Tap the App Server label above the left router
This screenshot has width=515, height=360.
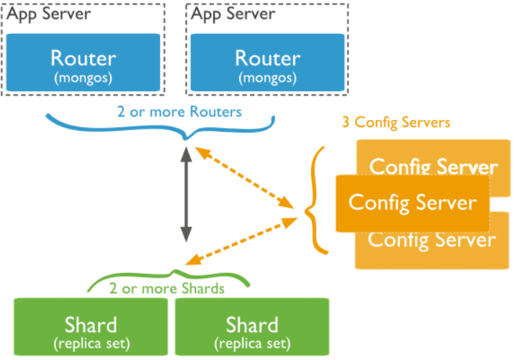[49, 13]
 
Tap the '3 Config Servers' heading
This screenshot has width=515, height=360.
[396, 122]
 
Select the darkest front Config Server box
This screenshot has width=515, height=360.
[412, 203]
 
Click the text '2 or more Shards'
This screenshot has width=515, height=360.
[167, 289]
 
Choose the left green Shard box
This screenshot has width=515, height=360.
[91, 328]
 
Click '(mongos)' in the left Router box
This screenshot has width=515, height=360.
[83, 75]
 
